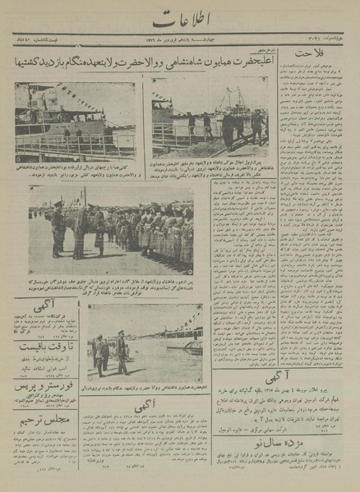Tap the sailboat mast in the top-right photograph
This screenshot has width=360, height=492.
[x=227, y=103]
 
